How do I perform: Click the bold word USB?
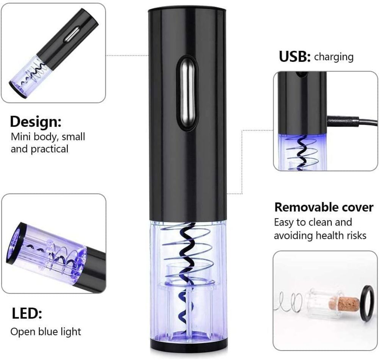point(294,56)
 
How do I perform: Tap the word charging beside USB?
point(334,57)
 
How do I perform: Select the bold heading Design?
point(36,122)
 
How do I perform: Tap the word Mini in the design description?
point(21,137)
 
